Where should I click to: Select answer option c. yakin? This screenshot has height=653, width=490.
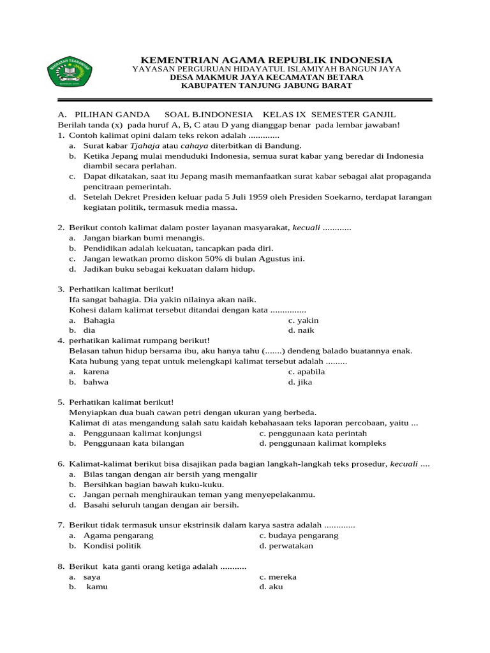coord(303,320)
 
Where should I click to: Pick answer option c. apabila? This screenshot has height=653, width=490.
coord(306,371)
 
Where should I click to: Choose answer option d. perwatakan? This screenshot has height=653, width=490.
coord(286,546)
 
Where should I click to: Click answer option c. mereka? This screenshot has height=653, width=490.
coord(278,576)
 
